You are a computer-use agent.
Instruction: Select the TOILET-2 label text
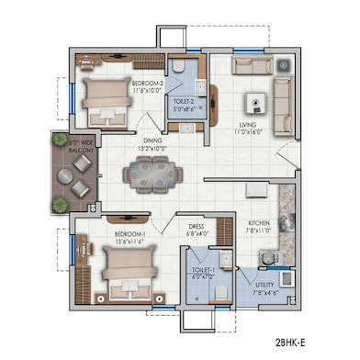pyautogui.click(x=186, y=102)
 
